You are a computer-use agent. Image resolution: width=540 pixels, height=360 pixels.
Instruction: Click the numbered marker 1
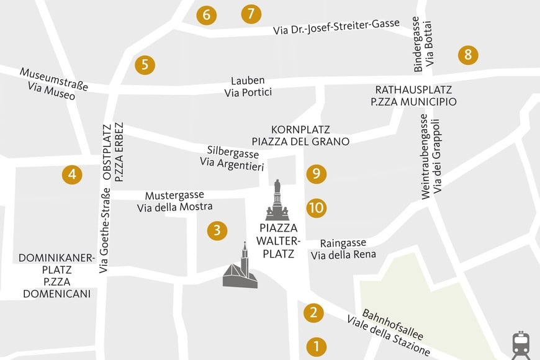316,346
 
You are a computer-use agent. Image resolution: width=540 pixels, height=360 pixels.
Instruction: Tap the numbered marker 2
314,313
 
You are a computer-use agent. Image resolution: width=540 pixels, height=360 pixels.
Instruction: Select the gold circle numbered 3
217,231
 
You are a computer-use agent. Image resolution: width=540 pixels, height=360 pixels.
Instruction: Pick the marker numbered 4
72,175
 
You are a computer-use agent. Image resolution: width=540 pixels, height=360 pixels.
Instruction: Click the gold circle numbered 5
145,64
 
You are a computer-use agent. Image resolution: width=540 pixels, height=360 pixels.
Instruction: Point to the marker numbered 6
206,15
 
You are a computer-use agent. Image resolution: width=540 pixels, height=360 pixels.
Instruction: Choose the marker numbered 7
251,14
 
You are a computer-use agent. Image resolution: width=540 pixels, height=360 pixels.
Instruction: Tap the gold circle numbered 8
468,55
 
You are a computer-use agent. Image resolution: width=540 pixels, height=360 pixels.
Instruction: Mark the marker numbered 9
316,174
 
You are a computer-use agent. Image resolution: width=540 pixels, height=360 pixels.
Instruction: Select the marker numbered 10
316,207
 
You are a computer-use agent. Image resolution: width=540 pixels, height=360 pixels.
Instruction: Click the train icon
520,344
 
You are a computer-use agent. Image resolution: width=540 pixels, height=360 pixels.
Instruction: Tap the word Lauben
248,81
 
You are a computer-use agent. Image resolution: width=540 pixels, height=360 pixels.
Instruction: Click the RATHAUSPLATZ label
413,90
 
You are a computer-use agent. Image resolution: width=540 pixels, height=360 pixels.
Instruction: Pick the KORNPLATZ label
300,130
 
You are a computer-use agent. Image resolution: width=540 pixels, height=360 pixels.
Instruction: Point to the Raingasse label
343,243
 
